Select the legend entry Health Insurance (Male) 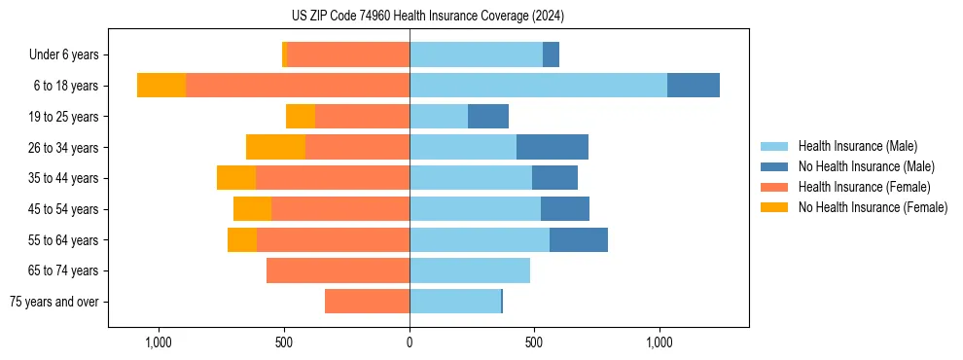click(856, 146)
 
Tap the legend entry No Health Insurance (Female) click(873, 207)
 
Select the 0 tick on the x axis click(410, 342)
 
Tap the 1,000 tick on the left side click(159, 342)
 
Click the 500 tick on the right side click(534, 342)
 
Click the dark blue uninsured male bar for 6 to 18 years click(694, 86)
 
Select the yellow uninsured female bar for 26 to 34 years click(275, 147)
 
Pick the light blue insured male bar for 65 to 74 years click(470, 270)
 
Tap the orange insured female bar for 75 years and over click(367, 302)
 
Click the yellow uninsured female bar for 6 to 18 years click(161, 86)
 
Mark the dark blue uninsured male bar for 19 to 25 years click(488, 117)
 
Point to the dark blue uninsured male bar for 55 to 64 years click(579, 239)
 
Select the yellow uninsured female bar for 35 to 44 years click(236, 178)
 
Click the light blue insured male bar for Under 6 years click(476, 55)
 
